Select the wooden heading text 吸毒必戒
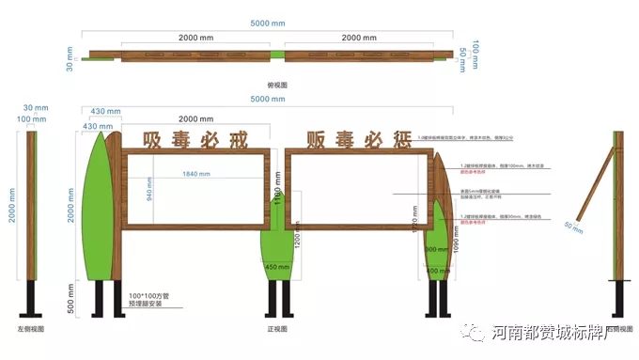(195, 141)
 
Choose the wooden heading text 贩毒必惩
(358, 141)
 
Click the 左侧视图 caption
(32, 330)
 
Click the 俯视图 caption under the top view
(276, 85)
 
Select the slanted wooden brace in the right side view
(592, 187)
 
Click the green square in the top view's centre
(276, 55)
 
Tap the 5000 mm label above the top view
(267, 22)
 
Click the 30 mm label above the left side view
(35, 108)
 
